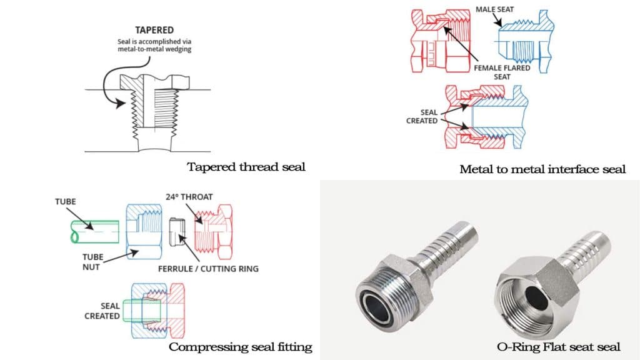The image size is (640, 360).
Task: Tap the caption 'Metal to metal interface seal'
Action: (542, 169)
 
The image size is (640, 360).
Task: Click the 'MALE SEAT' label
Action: (496, 9)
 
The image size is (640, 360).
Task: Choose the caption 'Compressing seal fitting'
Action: (240, 347)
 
